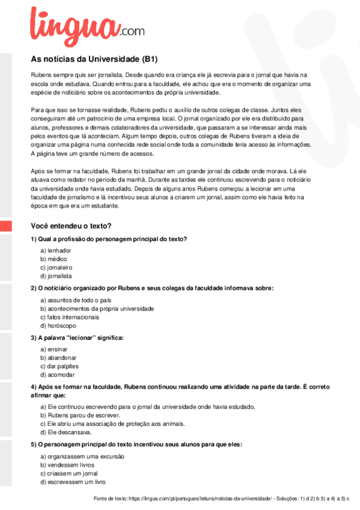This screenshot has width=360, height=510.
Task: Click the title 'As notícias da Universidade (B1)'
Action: [94, 60]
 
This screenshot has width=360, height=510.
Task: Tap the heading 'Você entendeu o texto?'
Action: [71, 226]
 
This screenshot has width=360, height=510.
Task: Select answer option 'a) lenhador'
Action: [55, 250]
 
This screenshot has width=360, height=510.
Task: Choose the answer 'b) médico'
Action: [53, 258]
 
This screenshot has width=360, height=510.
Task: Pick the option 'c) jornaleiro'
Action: [56, 267]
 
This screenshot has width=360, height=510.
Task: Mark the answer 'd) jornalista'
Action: [56, 275]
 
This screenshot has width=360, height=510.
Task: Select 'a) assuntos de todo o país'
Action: [76, 300]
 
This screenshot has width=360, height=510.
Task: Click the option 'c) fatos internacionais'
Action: [70, 316]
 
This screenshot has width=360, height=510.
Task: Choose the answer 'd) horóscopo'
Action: [58, 325]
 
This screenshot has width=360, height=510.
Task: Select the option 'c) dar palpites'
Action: [59, 366]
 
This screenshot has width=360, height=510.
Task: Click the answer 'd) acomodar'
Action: [58, 374]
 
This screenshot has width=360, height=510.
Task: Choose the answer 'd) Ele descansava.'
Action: [66, 432]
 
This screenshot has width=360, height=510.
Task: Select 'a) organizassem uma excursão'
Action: [82, 456]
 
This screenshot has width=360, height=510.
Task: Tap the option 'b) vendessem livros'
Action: [67, 465]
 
